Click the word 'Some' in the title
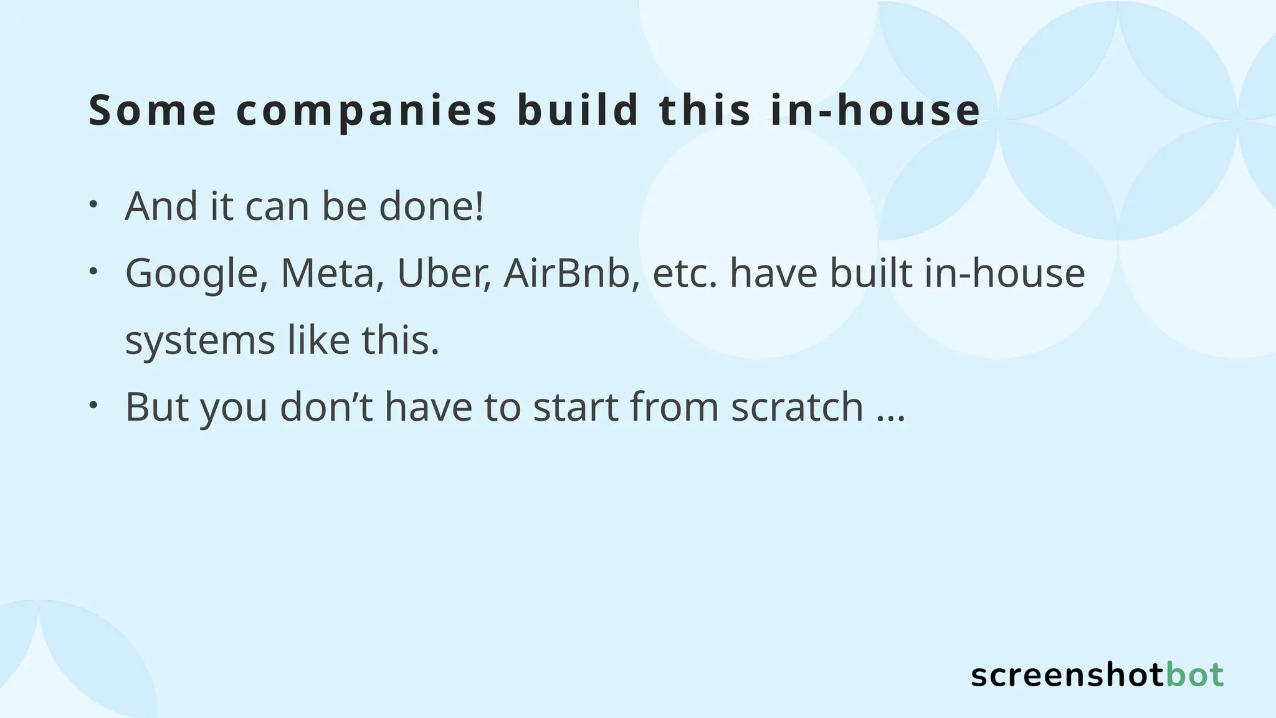pos(152,110)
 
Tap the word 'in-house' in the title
pos(875,110)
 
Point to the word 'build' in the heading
pos(578,110)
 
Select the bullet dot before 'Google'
pos(93,270)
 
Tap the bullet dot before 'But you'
pos(93,404)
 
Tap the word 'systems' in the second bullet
pos(200,342)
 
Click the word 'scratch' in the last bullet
pos(797,407)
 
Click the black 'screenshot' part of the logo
pos(1067,676)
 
